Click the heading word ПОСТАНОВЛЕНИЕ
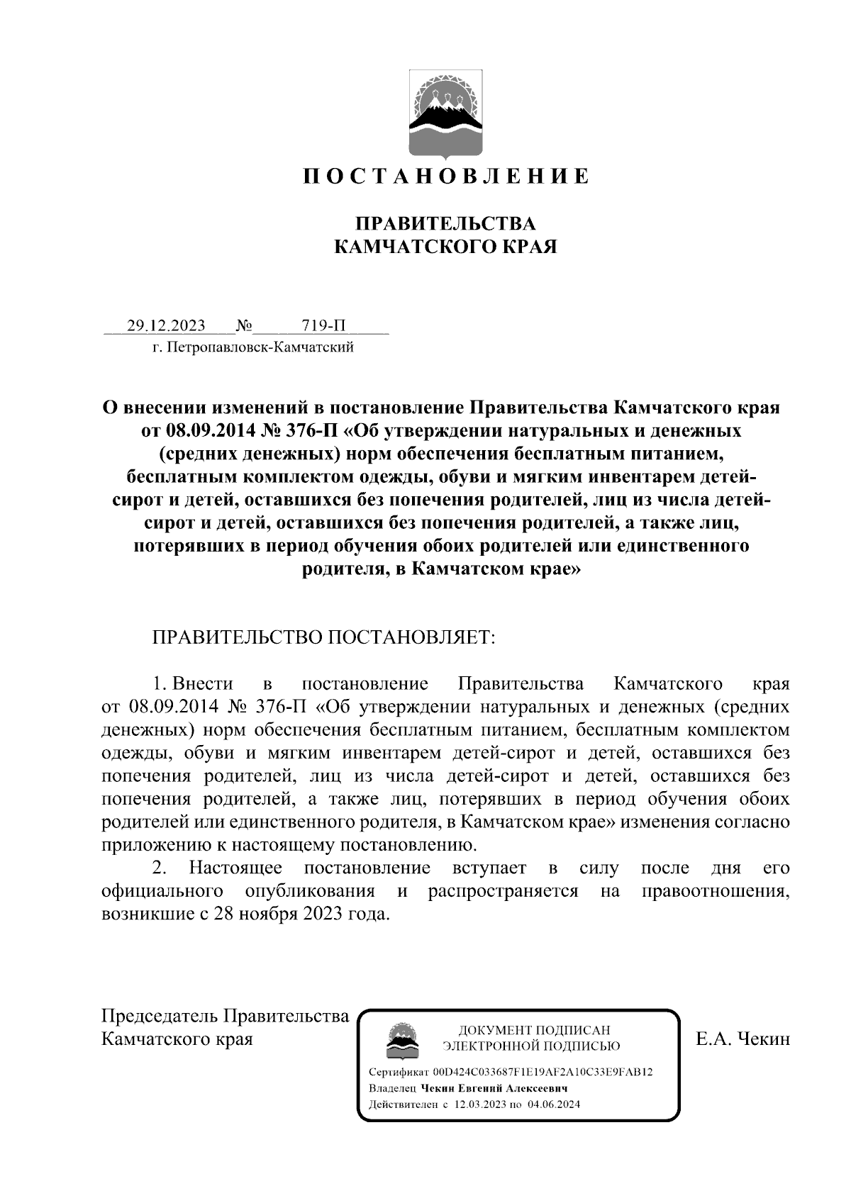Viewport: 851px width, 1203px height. pyautogui.click(x=446, y=176)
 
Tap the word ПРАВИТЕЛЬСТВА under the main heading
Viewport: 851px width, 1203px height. pyautogui.click(x=445, y=224)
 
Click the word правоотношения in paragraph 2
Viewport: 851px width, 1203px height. pyautogui.click(x=715, y=891)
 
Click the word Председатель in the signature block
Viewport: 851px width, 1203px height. pyautogui.click(x=160, y=1016)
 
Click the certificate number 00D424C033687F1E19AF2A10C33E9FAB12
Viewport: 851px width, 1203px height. pyautogui.click(x=543, y=1073)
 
